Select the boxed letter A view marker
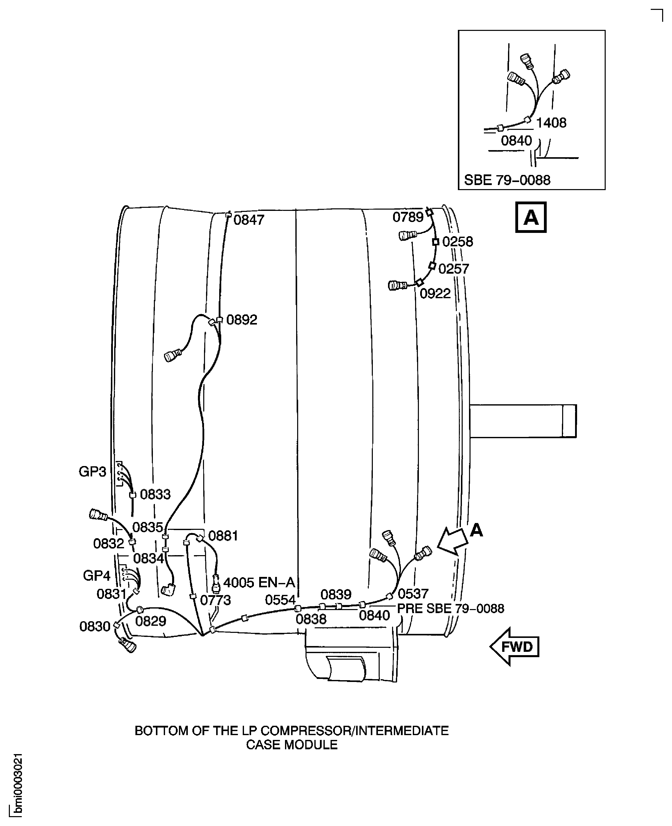531,217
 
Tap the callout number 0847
249,220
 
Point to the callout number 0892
241,320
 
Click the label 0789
408,217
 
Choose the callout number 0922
435,293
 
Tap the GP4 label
96,576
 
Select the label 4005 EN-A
259,582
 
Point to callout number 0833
155,494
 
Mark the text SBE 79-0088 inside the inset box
507,180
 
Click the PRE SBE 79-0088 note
451,609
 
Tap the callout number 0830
95,626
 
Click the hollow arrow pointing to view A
453,541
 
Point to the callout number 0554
280,600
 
